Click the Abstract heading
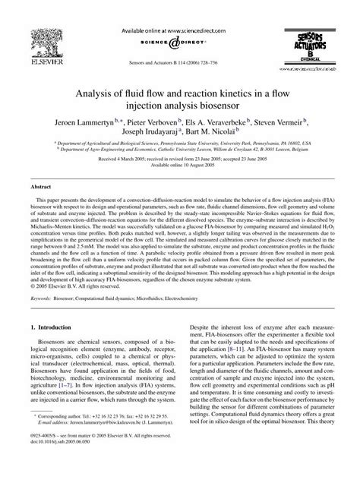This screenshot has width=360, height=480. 41,207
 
